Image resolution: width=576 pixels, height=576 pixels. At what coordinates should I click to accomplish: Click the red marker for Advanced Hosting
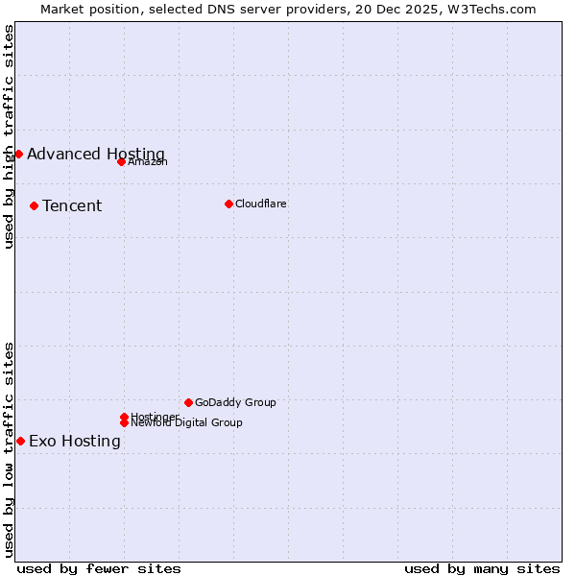point(18,154)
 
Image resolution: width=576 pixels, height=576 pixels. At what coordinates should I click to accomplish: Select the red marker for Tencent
point(34,205)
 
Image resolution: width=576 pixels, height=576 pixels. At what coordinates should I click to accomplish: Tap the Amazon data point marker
point(121,161)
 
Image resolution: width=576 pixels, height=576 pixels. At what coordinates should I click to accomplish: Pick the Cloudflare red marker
point(228,204)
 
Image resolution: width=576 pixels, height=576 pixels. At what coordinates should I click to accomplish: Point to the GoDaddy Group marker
point(188,402)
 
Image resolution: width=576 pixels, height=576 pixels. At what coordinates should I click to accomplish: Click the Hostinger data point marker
point(124,417)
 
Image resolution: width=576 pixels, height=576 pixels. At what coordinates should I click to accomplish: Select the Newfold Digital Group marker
point(124,422)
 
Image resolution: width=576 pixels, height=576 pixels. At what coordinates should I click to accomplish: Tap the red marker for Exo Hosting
point(20,441)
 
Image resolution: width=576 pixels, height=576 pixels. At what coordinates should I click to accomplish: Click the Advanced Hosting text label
point(96,154)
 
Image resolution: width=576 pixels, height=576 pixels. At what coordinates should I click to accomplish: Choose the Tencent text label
point(72,205)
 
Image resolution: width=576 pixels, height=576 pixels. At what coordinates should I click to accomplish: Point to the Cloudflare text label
point(261,204)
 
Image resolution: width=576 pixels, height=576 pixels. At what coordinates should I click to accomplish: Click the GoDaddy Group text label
point(235,402)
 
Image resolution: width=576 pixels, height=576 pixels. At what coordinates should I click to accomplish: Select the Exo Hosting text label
point(75,441)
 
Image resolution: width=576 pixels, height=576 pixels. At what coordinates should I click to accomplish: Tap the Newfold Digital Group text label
point(186,422)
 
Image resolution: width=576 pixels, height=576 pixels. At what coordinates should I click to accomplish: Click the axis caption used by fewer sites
point(99,568)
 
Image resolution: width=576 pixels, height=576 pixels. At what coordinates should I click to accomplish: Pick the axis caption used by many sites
point(482,568)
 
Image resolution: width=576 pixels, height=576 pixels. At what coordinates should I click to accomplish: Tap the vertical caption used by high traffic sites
point(9,136)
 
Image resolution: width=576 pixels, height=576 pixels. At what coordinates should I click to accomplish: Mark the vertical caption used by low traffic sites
point(9,449)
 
